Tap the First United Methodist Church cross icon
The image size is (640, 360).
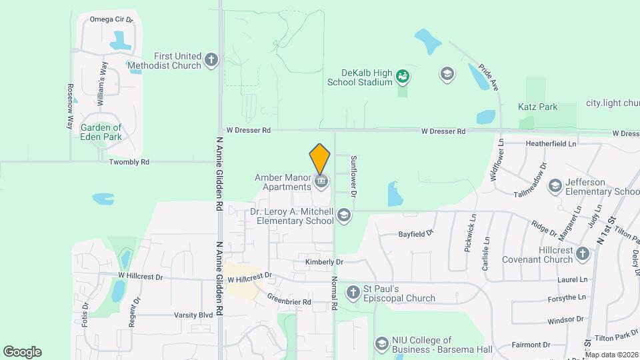[x=211, y=60]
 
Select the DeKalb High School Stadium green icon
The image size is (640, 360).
[x=402, y=77]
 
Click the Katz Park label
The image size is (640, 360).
[x=537, y=107]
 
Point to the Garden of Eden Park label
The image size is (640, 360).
[x=101, y=132]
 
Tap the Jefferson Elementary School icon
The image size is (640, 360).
[x=554, y=186]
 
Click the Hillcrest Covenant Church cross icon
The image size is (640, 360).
[x=583, y=253]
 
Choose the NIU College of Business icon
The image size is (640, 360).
[x=381, y=344]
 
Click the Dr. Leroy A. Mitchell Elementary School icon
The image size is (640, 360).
[x=344, y=215]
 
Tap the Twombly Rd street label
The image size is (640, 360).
[x=129, y=162]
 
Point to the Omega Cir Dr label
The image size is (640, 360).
[x=111, y=20]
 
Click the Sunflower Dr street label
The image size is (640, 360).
[x=354, y=175]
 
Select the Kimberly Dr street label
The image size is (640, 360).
[x=324, y=262]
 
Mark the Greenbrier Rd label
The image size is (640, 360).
[x=289, y=301]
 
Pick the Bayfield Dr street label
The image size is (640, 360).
[x=417, y=234]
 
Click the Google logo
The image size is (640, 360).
[x=23, y=351]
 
